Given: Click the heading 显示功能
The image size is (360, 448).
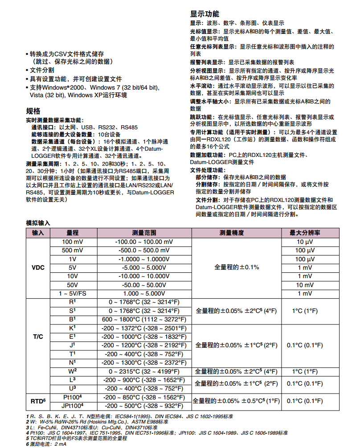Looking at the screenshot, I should tap(205, 14).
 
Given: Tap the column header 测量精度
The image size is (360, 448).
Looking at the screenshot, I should tap(237, 233).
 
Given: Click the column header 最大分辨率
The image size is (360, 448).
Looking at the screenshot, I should tap(305, 233).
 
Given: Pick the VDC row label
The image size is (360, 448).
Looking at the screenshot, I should tap(38, 267).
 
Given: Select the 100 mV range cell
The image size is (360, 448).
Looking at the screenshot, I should tap(73, 242).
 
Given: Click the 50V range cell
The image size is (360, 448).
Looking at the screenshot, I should tap(73, 285).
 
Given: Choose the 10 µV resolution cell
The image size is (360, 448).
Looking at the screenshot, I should tap(305, 242).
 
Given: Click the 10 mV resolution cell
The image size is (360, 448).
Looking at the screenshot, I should tap(305, 285).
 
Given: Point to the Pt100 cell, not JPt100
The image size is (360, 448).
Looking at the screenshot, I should tap(73, 397).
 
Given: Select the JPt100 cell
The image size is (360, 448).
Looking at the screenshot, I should tap(73, 406).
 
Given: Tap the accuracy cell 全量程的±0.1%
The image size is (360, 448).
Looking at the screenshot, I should tap(237, 267).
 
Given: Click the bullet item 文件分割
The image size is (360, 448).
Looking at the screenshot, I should tap(42, 70).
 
